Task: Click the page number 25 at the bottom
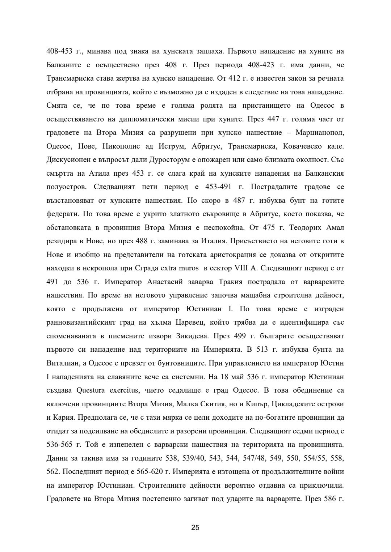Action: pyautogui.click(x=195, y=527)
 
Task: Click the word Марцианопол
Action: pyautogui.click(x=320, y=132)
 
